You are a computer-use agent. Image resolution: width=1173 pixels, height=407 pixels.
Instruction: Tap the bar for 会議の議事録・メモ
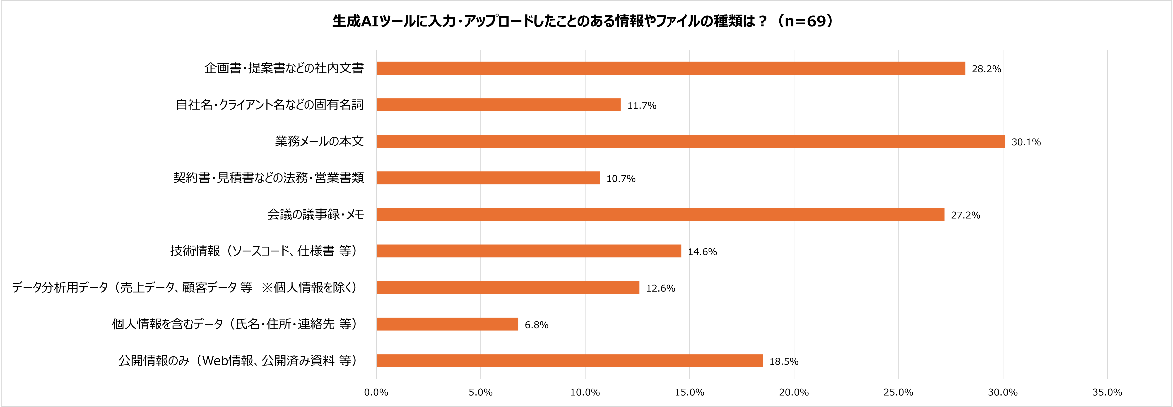660,214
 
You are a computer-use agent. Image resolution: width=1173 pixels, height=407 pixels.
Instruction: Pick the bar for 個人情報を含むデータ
447,324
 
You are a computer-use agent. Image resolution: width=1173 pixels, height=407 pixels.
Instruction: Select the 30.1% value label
1026,142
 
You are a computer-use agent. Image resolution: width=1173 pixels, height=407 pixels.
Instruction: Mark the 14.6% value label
702,252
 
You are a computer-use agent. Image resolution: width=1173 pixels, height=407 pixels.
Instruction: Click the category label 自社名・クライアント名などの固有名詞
270,105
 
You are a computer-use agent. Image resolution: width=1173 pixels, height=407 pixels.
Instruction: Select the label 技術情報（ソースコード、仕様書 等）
264,251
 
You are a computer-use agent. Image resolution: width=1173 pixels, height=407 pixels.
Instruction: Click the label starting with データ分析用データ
184,287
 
